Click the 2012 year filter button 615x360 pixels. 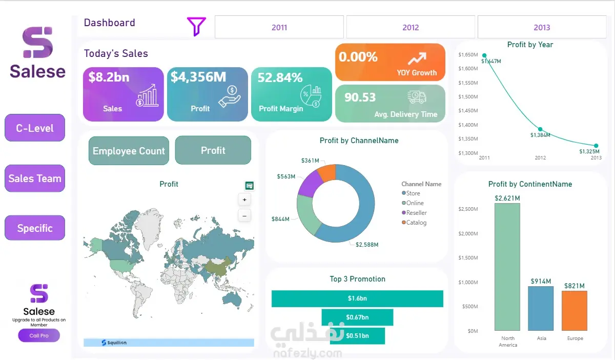(411, 27)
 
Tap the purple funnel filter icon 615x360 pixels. (196, 26)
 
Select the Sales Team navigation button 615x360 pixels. (35, 178)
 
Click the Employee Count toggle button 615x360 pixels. (129, 151)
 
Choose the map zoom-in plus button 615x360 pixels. (244, 200)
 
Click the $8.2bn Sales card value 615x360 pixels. (109, 77)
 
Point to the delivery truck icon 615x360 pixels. (417, 97)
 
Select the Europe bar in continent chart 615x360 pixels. (575, 311)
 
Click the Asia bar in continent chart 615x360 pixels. (541, 308)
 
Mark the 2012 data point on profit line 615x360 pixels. (540, 129)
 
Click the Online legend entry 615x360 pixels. (413, 203)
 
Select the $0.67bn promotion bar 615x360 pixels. (357, 317)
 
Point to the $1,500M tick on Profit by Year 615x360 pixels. (468, 97)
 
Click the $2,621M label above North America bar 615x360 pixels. (507, 198)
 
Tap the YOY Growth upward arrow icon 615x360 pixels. (417, 58)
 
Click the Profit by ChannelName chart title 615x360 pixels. (359, 141)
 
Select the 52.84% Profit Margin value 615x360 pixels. (280, 77)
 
